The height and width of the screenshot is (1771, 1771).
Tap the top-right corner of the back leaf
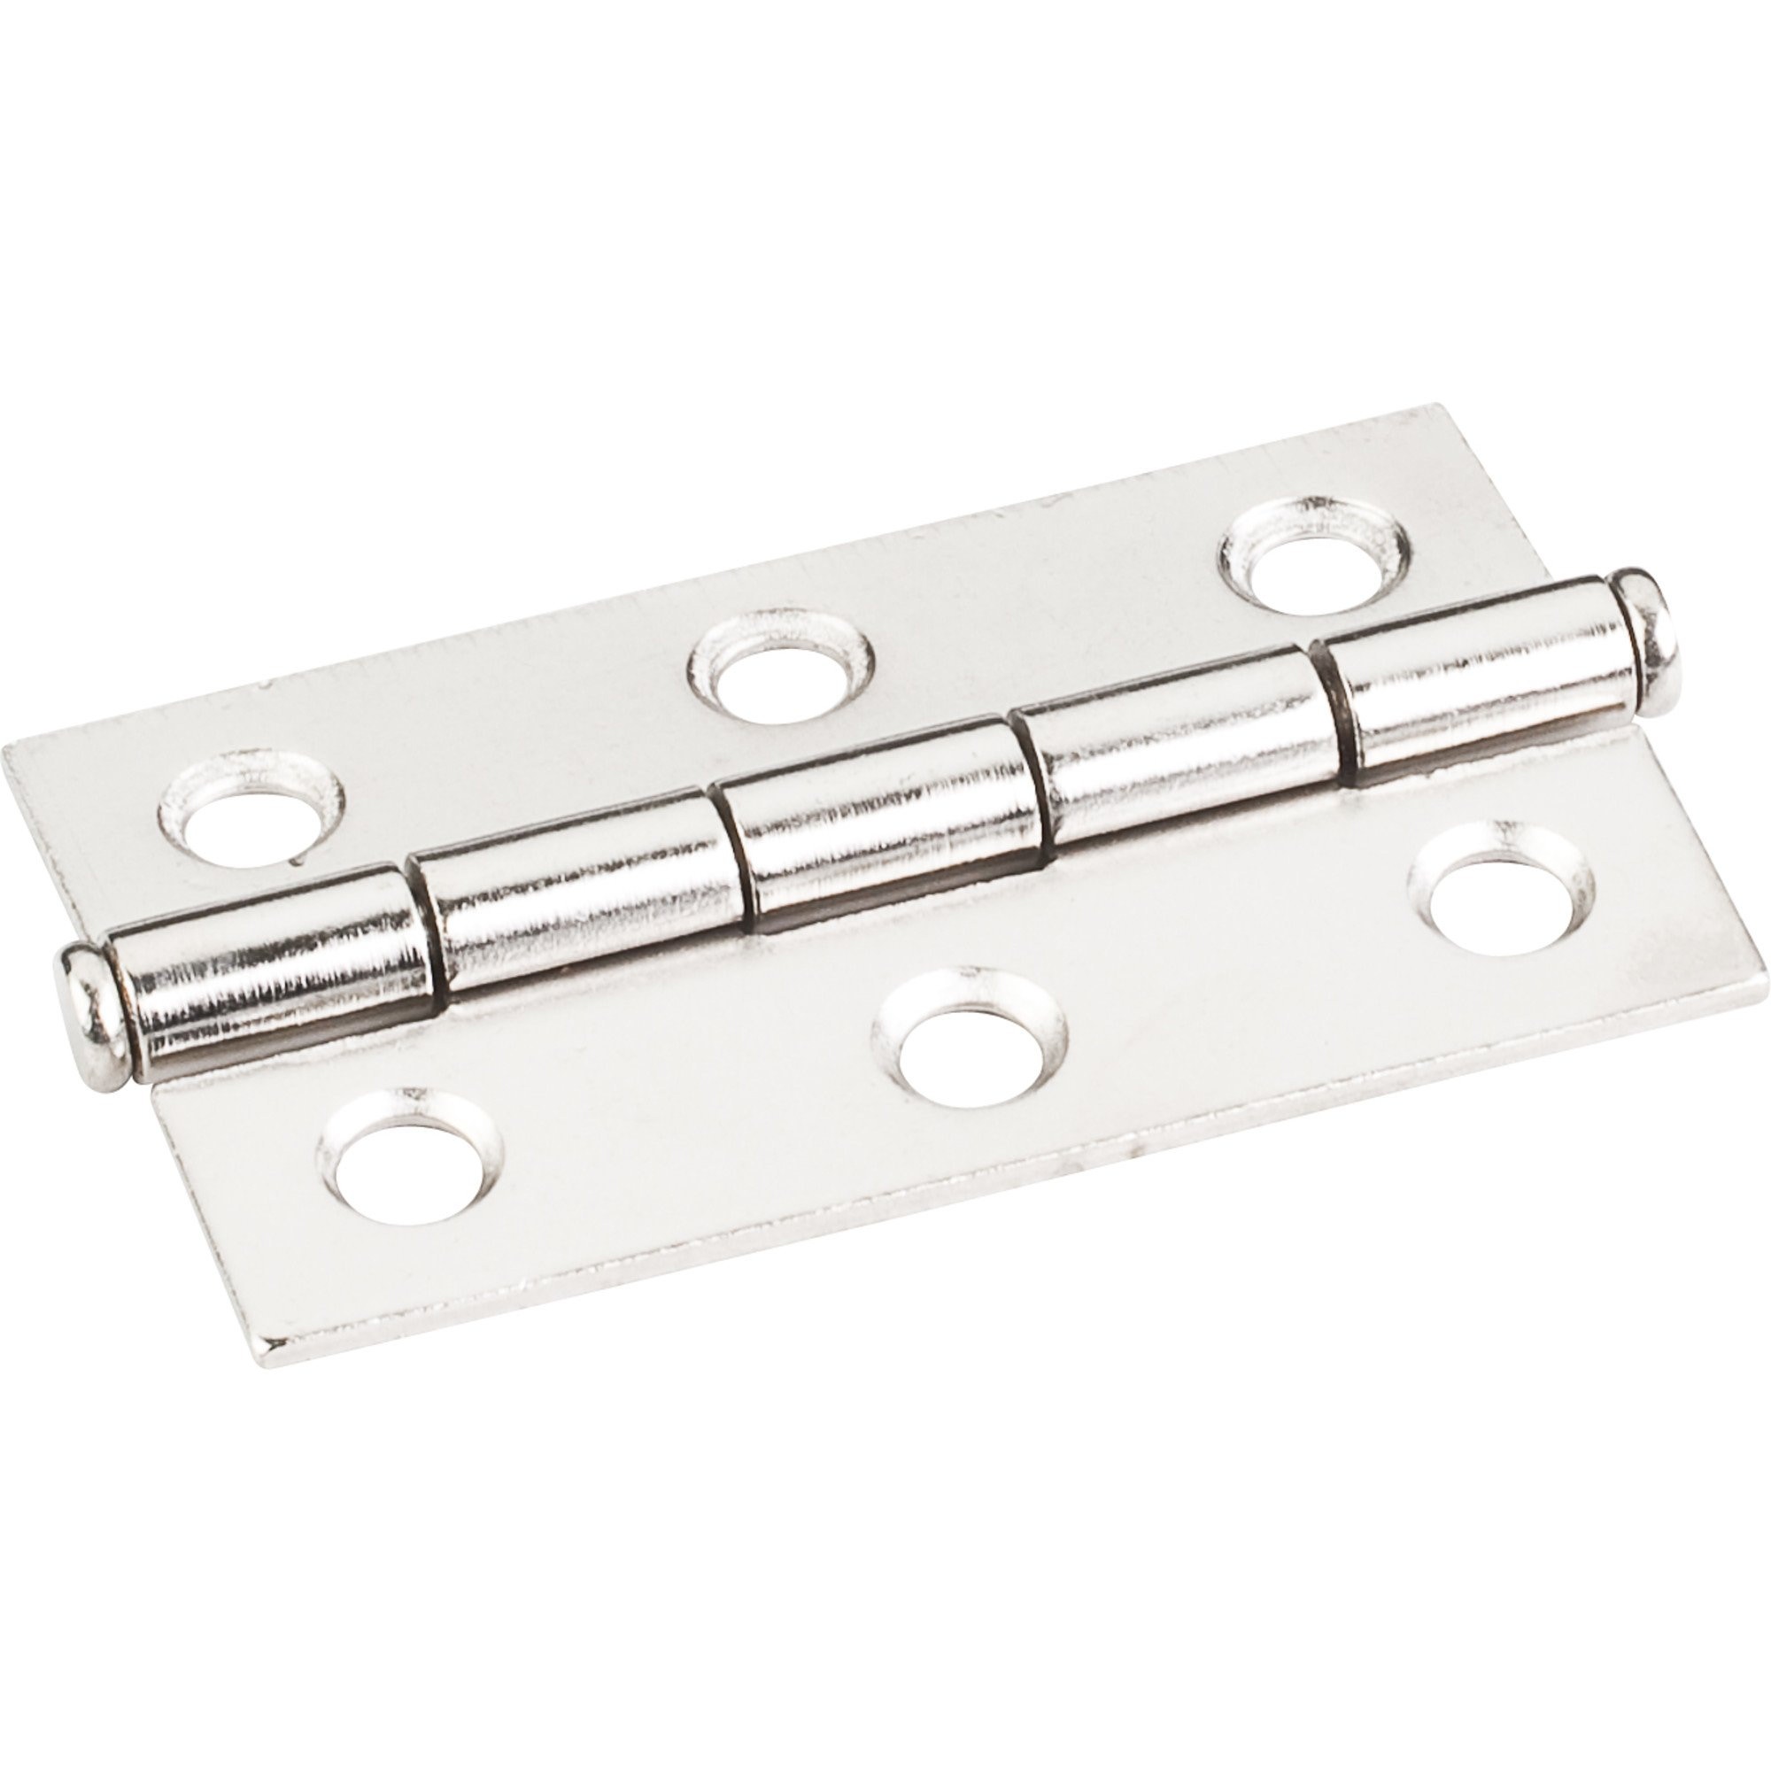point(1426,406)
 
